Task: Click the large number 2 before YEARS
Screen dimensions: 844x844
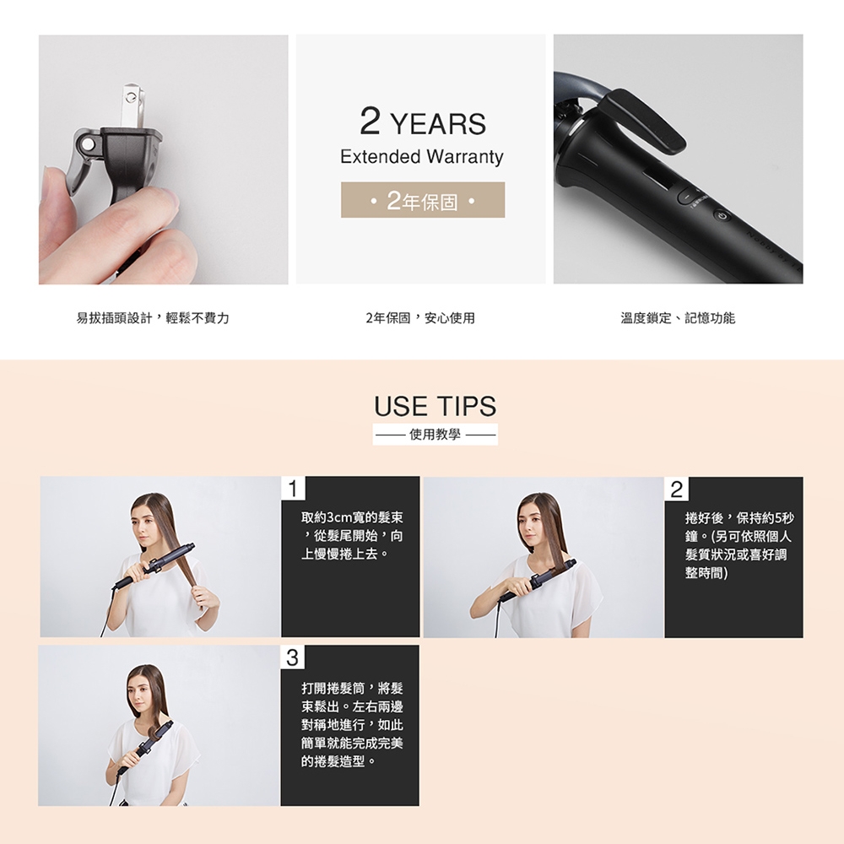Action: click(371, 121)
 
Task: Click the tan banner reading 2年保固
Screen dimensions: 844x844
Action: click(423, 200)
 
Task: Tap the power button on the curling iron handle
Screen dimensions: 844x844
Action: click(722, 216)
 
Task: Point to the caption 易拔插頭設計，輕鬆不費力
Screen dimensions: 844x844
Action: click(153, 318)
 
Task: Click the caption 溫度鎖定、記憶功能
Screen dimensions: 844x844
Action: click(678, 318)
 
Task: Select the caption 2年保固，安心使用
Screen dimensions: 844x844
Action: click(420, 318)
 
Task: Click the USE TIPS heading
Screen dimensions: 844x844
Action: click(435, 407)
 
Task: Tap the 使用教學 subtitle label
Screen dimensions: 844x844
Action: click(435, 435)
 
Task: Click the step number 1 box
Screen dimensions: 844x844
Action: click(293, 489)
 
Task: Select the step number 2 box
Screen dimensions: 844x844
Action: click(677, 489)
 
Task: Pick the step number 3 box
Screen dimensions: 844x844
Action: click(292, 657)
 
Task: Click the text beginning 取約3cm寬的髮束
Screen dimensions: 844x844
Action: click(352, 536)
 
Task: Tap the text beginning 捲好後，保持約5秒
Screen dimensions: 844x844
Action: click(739, 545)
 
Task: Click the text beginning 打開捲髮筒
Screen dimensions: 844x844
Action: click(352, 724)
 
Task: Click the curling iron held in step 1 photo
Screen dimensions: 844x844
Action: click(154, 566)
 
